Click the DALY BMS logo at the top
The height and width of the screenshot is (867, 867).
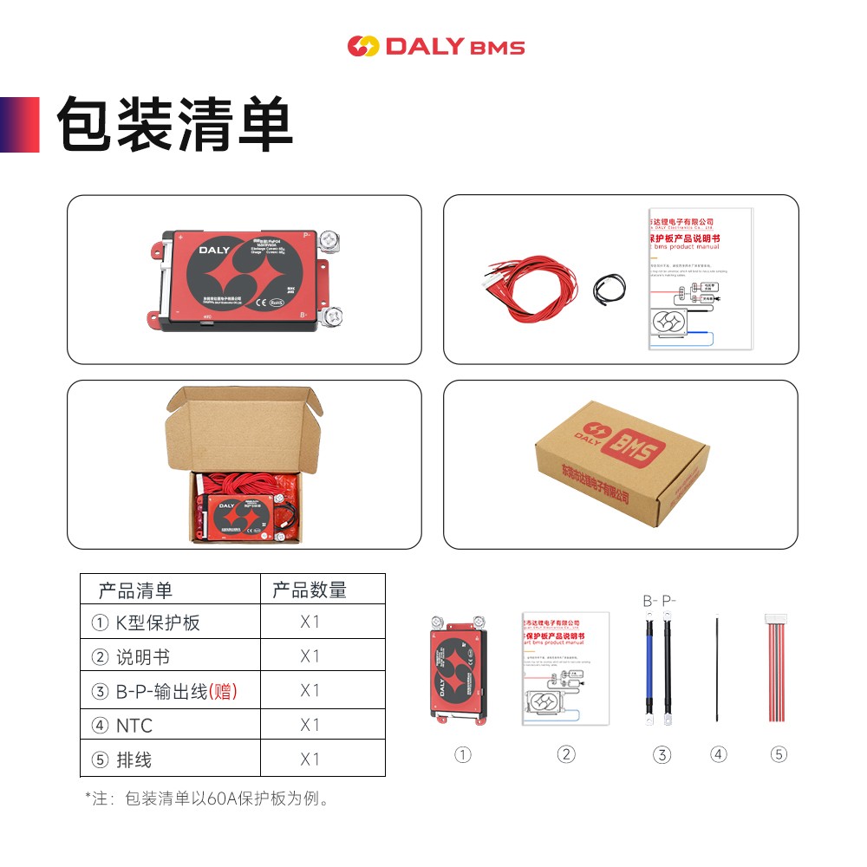[436, 46]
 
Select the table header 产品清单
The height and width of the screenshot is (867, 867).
[135, 590]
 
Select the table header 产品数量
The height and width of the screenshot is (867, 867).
[310, 590]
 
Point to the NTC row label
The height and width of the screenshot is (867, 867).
[134, 725]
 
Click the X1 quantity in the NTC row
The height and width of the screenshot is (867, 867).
[310, 725]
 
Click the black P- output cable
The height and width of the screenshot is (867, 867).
[668, 668]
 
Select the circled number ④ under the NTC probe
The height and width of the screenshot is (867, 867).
[718, 754]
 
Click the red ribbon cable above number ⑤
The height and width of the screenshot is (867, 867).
[779, 668]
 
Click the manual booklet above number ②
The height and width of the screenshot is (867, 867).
[565, 668]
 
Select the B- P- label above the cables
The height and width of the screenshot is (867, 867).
[659, 601]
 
